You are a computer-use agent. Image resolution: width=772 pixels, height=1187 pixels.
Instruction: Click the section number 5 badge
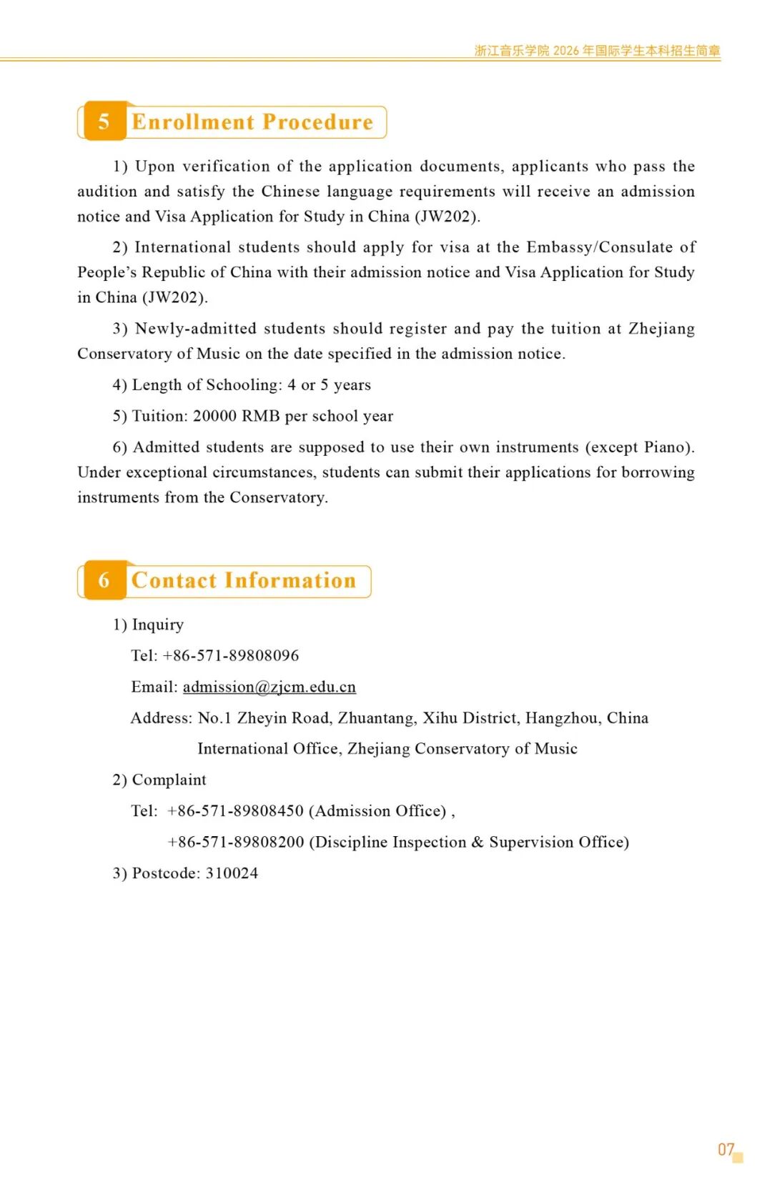pyautogui.click(x=104, y=121)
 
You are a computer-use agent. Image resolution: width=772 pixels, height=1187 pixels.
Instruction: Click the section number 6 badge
pyautogui.click(x=104, y=580)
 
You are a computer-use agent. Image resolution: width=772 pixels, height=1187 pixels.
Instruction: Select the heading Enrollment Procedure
pyautogui.click(x=252, y=122)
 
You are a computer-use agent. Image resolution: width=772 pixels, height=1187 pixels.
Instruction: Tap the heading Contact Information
pyautogui.click(x=244, y=581)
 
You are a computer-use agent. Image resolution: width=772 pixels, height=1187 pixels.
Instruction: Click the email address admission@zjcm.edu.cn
pyautogui.click(x=269, y=687)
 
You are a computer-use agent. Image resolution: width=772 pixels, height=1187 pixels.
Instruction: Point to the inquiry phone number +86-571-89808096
pyautogui.click(x=231, y=655)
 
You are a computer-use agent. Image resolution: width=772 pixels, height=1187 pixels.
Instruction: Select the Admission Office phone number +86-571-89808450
pyautogui.click(x=236, y=811)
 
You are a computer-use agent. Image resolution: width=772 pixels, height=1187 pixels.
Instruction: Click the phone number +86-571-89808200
pyautogui.click(x=236, y=842)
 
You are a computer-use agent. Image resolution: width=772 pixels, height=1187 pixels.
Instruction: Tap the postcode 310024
pyautogui.click(x=232, y=873)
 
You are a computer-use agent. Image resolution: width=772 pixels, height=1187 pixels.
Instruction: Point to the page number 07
pyautogui.click(x=726, y=1149)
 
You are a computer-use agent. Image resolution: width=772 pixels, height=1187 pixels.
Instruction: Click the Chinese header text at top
pyautogui.click(x=597, y=51)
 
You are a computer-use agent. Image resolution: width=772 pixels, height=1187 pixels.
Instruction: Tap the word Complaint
pyautogui.click(x=169, y=780)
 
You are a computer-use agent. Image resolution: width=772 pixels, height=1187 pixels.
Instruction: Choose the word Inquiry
pyautogui.click(x=158, y=625)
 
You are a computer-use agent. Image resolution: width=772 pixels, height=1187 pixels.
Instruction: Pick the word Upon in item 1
pyautogui.click(x=155, y=167)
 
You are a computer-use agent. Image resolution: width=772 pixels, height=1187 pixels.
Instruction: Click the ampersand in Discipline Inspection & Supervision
pyautogui.click(x=477, y=842)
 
